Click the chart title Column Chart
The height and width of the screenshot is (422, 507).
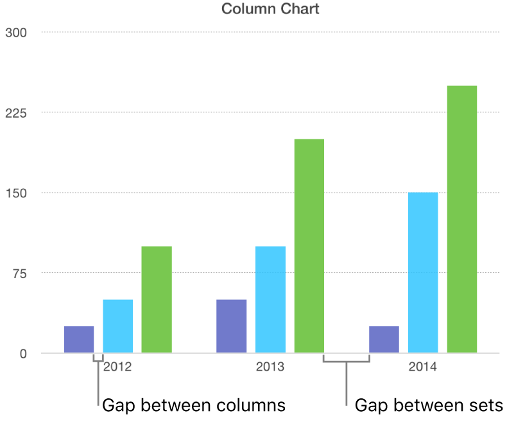click(270, 9)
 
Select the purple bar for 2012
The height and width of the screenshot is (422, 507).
click(79, 340)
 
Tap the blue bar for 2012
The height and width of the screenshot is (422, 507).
click(117, 326)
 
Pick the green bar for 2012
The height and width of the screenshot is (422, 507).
click(157, 299)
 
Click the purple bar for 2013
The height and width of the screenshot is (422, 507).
click(231, 326)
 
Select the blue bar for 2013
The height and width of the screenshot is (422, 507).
click(270, 299)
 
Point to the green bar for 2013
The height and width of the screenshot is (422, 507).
click(309, 246)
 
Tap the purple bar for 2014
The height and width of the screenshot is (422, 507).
click(384, 340)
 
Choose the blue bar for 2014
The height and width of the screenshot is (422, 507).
click(423, 272)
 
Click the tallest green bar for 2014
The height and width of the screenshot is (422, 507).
click(462, 219)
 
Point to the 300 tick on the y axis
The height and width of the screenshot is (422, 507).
click(15, 33)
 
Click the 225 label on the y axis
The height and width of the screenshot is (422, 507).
click(15, 113)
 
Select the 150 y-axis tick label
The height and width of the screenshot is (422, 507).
click(15, 193)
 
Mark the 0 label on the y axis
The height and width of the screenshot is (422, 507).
click(23, 354)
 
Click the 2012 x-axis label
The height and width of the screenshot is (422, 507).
click(117, 367)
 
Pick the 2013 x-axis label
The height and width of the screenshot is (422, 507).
click(270, 367)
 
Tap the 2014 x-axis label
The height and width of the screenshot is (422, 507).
click(423, 367)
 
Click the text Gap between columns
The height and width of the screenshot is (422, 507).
click(194, 405)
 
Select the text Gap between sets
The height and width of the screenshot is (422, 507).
click(429, 405)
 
